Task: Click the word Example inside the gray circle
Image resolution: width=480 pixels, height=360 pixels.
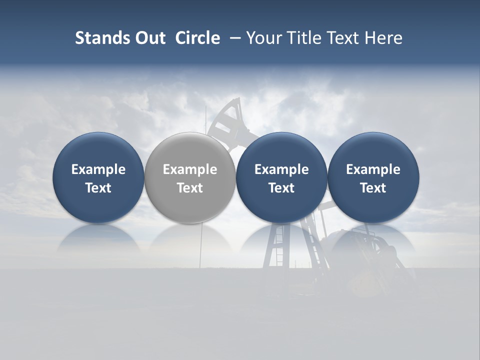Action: (190, 169)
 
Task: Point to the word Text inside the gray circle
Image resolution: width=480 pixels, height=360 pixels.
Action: (190, 188)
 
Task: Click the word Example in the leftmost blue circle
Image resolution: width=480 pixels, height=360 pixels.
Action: (98, 169)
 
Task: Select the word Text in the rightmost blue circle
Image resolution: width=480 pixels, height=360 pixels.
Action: (373, 188)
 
